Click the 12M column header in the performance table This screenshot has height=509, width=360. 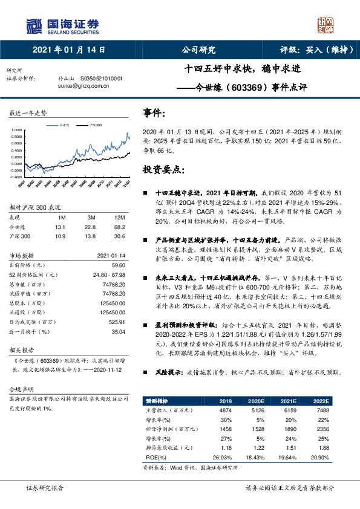coord(119,216)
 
